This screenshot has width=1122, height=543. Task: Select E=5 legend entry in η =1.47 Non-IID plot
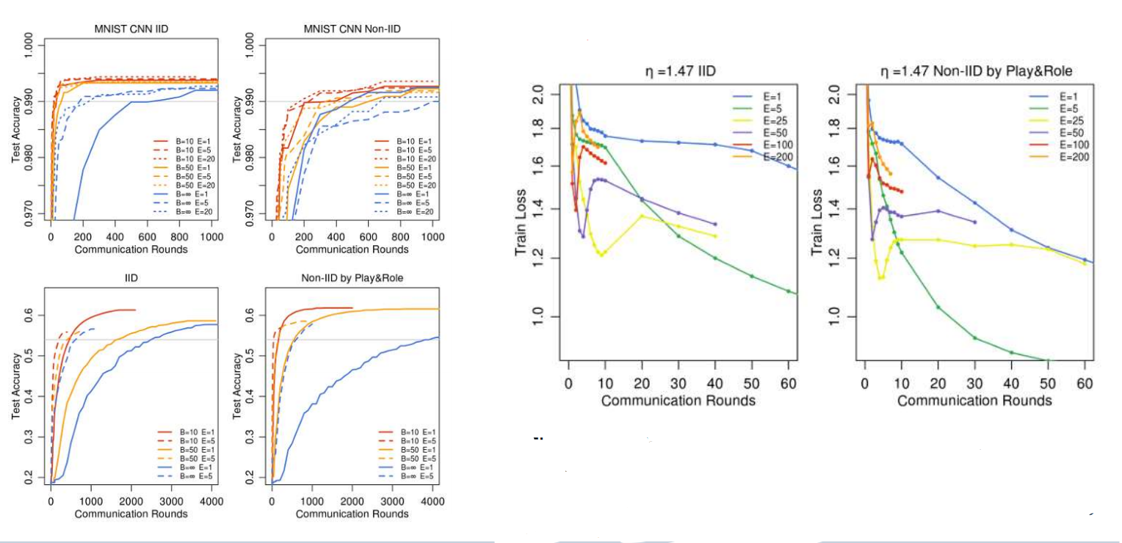(1057, 109)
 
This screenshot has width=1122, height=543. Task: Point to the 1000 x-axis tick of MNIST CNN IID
(209, 238)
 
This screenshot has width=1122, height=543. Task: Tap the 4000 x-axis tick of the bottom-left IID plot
(209, 502)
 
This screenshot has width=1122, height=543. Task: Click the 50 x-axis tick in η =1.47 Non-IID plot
(1048, 385)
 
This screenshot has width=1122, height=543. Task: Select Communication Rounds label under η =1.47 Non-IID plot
(974, 401)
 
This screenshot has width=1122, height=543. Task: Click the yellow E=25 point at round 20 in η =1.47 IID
(642, 216)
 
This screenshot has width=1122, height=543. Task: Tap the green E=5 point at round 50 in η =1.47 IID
(752, 277)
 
